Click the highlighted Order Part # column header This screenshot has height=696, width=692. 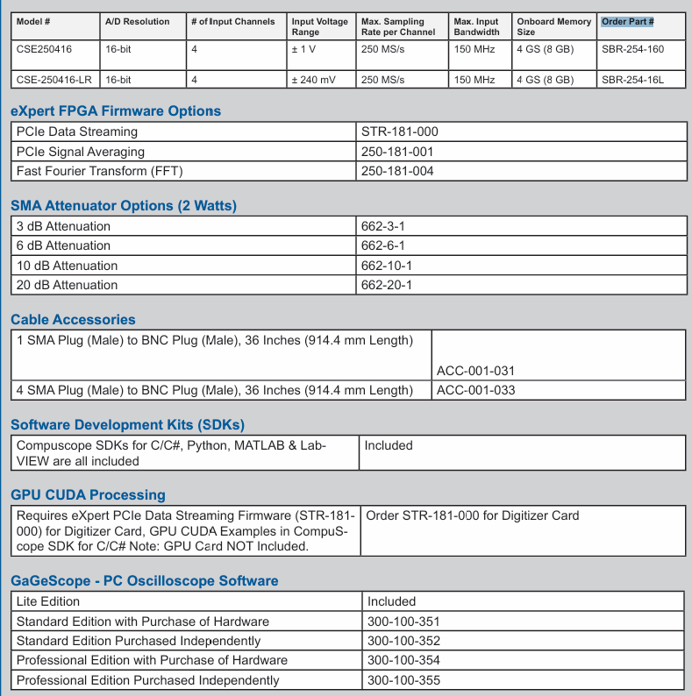(628, 21)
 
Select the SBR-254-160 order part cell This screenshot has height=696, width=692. (632, 50)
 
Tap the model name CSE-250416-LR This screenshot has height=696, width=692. (55, 80)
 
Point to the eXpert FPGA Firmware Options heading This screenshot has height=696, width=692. (116, 111)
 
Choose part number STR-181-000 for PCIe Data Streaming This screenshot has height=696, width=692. (399, 132)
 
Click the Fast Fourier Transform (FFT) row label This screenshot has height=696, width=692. (100, 171)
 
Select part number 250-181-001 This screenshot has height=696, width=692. (397, 152)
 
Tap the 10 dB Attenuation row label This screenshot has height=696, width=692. (68, 266)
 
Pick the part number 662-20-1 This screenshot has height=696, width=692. (387, 285)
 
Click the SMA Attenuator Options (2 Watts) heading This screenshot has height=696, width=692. (124, 206)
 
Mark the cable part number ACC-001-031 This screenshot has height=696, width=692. (475, 371)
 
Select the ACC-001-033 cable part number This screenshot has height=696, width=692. (475, 390)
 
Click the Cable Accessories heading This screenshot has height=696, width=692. (73, 320)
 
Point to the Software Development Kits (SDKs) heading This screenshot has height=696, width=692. (127, 425)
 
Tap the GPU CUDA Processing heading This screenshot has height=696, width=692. (88, 495)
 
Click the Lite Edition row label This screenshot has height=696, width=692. (48, 601)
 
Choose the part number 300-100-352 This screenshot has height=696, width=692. (403, 641)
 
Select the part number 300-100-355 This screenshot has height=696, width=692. (403, 680)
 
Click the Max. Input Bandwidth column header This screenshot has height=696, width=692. (477, 26)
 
